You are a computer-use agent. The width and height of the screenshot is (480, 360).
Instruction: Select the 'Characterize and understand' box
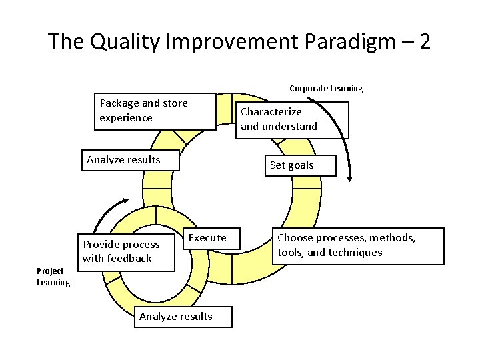click(292, 119)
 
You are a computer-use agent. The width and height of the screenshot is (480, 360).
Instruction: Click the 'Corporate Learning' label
click(326, 88)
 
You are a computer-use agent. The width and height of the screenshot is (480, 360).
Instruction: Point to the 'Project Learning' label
click(53, 277)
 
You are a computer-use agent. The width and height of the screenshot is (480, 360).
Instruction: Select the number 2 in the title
click(423, 42)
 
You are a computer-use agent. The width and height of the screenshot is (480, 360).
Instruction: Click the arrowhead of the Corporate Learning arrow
click(351, 178)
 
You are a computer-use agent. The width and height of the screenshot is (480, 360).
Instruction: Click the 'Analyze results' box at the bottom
click(176, 317)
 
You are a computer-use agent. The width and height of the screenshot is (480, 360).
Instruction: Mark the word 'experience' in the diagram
click(126, 118)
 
